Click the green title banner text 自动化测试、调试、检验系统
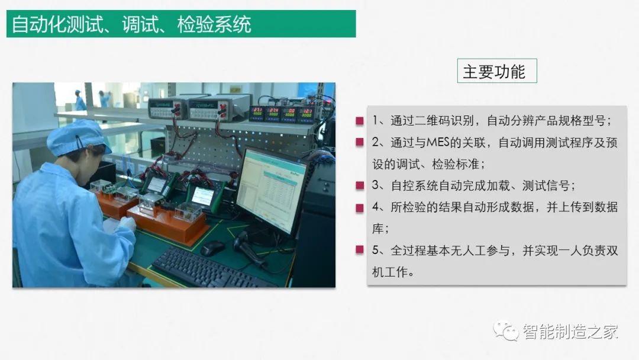point(131,24)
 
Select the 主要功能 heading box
point(497,71)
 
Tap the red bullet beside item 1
point(360,121)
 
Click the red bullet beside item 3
point(360,186)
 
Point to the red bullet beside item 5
point(360,250)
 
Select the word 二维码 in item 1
point(432,121)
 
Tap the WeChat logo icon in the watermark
point(506,330)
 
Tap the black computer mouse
point(212,247)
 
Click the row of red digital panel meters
point(282,114)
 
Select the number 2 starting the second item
point(375,142)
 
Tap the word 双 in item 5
point(612,250)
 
